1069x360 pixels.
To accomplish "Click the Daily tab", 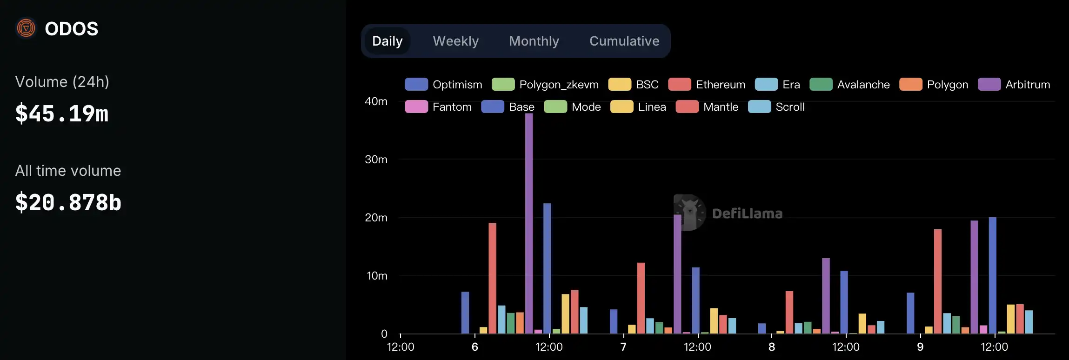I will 387,41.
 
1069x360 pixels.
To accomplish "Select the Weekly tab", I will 455,41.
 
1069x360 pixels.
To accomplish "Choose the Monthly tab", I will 534,41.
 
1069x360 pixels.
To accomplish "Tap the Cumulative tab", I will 624,41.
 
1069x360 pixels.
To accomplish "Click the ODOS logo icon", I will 26,28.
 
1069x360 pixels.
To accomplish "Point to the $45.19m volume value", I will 62,113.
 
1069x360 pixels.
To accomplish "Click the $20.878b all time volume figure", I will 68,202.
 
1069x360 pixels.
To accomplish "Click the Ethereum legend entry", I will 707,85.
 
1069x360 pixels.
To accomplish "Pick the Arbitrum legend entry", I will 1014,85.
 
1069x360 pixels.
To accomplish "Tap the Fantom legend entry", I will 438,107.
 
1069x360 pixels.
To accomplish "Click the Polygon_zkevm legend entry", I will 545,85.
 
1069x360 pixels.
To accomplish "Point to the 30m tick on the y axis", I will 376,160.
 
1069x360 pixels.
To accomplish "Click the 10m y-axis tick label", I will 377,276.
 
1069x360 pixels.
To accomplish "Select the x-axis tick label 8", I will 772,347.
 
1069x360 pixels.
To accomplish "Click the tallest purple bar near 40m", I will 529,223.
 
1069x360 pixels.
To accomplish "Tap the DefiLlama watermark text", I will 747,213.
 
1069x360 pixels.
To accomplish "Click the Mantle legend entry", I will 707,107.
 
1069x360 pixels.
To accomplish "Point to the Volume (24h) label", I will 62,82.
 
